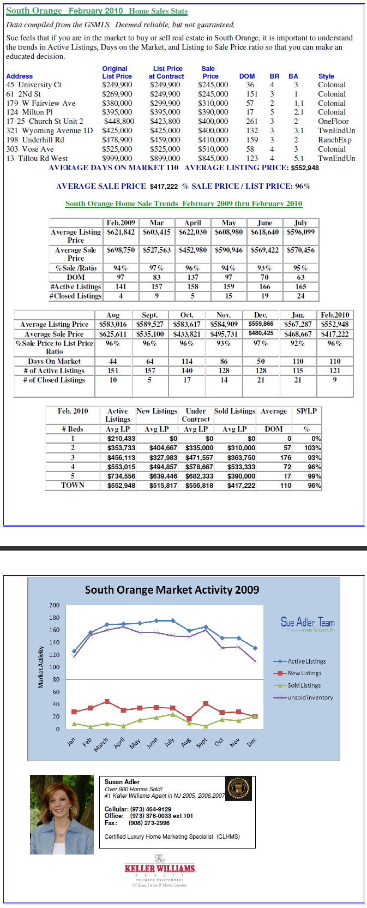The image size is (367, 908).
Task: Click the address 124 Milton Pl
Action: (x=29, y=112)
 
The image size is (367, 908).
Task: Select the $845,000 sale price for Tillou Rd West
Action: (x=213, y=158)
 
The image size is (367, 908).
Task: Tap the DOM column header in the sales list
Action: (x=247, y=76)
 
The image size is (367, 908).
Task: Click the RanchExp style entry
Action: (x=335, y=140)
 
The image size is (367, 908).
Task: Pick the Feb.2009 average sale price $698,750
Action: (x=121, y=250)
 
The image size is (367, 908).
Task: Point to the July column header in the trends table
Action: (x=300, y=223)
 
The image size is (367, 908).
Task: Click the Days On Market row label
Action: (x=55, y=361)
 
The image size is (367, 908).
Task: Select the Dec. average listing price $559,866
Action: (x=261, y=324)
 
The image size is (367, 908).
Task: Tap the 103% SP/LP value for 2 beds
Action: (x=312, y=448)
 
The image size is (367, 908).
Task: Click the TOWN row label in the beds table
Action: (x=73, y=485)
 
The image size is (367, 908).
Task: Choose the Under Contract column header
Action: (x=196, y=415)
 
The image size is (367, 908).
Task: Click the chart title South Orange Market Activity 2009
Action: (x=172, y=590)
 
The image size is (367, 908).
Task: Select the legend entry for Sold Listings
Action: (x=304, y=685)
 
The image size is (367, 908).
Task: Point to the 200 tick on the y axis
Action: (x=55, y=605)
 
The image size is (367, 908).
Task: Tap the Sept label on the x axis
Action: (x=201, y=742)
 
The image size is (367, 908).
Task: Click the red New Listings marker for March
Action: (x=107, y=701)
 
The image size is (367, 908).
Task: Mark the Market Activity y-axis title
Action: (x=40, y=667)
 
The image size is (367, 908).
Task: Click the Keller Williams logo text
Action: (x=160, y=868)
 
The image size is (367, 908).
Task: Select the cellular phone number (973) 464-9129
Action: (x=151, y=809)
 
